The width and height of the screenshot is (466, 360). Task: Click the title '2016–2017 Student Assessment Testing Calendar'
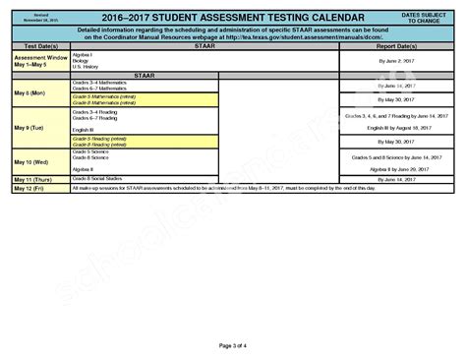[x=233, y=19]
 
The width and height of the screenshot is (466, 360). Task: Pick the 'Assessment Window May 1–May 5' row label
[x=37, y=61]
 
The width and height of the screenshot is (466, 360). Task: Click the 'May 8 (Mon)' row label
[x=29, y=93]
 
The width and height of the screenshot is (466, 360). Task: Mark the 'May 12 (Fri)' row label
[x=29, y=188]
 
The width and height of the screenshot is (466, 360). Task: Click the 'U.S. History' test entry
[x=84, y=67]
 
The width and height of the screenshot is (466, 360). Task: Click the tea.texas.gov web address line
[x=233, y=37]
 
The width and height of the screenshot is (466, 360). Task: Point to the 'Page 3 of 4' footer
[x=233, y=345]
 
